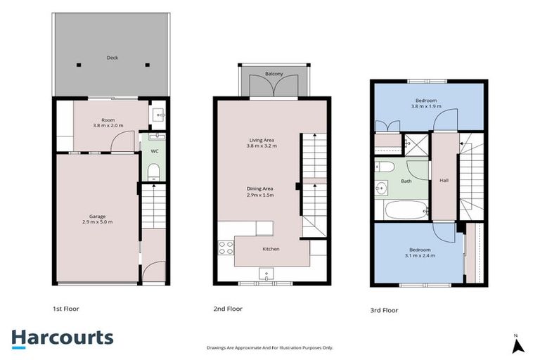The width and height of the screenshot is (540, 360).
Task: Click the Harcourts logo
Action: (x=62, y=337)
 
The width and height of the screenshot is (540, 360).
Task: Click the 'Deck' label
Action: (x=111, y=58)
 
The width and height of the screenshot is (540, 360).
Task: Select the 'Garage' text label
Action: (x=97, y=215)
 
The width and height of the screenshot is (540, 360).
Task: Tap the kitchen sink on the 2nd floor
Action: (x=266, y=273)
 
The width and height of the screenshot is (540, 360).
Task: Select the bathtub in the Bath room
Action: (x=401, y=210)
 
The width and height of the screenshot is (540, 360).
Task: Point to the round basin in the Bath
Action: (x=382, y=188)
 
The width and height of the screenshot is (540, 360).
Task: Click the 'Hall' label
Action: (x=444, y=180)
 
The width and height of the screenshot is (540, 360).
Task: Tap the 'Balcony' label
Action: (x=274, y=74)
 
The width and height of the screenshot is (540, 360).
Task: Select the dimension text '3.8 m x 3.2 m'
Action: (x=261, y=146)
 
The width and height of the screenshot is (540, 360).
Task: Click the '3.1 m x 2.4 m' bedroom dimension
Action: (x=419, y=256)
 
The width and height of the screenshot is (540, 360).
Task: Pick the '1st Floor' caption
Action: (x=67, y=308)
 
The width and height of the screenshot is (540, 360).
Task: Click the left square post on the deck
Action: (x=79, y=65)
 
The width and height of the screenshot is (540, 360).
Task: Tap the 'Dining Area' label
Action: (x=260, y=188)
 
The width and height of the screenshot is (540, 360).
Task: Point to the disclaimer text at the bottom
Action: (x=270, y=347)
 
